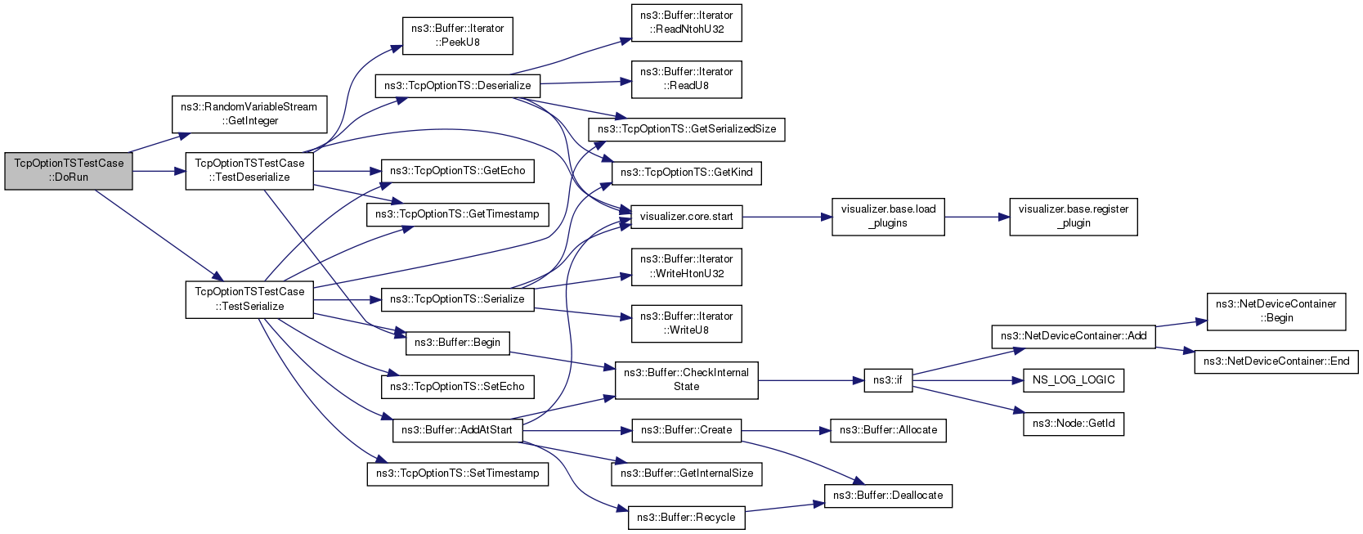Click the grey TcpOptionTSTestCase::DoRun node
tap(69, 170)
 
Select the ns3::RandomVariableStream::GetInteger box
tap(249, 114)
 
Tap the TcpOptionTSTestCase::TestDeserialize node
tap(249, 170)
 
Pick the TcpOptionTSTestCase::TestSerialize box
tap(249, 298)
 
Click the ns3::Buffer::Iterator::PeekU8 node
tap(457, 35)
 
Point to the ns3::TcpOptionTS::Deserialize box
tap(457, 85)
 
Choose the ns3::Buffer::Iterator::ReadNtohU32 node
tap(686, 22)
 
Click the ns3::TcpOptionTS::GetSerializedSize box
tap(686, 128)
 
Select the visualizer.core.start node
tap(686, 216)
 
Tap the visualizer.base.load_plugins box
tap(888, 216)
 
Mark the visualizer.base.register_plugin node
tap(1073, 216)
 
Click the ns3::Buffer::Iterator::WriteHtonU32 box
tap(686, 267)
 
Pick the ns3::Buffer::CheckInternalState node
tap(686, 379)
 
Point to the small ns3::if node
tap(888, 380)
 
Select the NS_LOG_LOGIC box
tap(1073, 380)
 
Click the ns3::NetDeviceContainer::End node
tap(1276, 361)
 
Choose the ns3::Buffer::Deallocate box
tap(888, 496)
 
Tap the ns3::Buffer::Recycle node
tap(686, 518)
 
